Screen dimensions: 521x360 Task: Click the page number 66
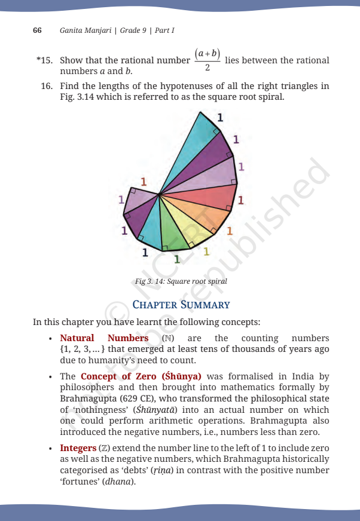point(36,30)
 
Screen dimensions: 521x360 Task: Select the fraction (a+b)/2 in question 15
point(207,60)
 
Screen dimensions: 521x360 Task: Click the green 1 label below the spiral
point(176,259)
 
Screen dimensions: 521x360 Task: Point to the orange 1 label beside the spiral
point(230,230)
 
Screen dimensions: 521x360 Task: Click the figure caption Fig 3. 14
point(181,281)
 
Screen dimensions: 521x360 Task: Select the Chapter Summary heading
point(181,305)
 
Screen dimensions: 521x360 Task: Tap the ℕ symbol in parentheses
point(167,338)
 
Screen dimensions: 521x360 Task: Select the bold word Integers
point(78,448)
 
